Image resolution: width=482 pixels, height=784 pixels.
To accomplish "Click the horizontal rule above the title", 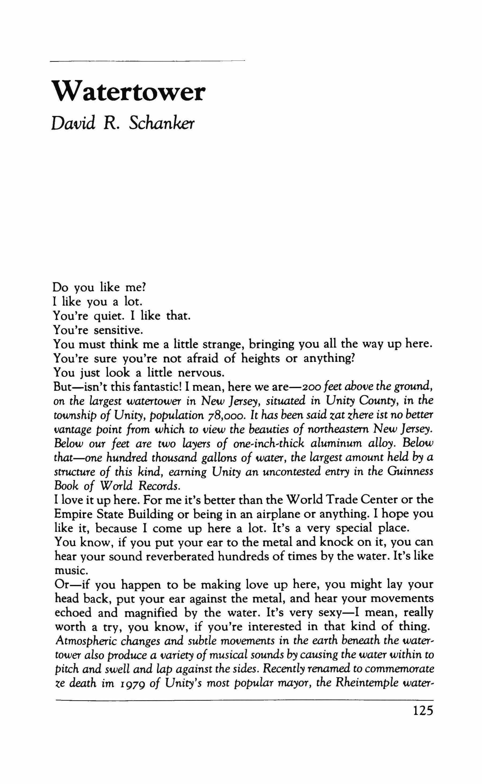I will pos(148,60).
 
